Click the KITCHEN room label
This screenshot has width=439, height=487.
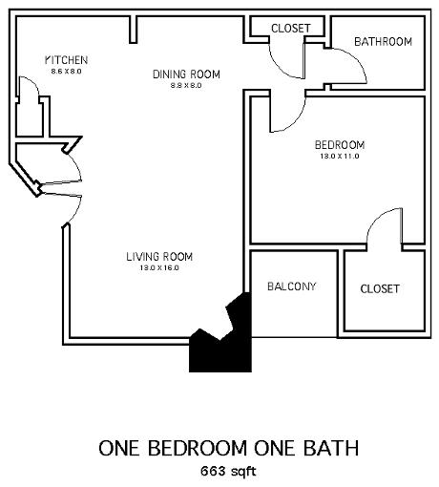[66, 60]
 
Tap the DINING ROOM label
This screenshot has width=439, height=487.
[186, 74]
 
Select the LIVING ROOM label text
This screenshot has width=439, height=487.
[159, 257]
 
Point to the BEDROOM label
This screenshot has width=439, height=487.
[340, 145]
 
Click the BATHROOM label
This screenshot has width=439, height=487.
[383, 41]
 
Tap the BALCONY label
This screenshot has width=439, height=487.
[292, 286]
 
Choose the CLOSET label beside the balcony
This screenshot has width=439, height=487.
[380, 288]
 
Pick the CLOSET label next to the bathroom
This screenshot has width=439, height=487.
[291, 29]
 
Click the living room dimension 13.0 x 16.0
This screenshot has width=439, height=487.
[159, 267]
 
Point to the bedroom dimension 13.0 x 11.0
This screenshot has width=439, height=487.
[340, 157]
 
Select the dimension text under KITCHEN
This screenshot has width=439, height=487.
[66, 72]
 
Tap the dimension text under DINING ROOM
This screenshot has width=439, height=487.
[186, 85]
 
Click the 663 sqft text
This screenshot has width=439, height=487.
[228, 471]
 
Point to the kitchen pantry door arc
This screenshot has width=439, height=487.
[32, 82]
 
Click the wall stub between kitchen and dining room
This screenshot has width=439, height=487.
[134, 30]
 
